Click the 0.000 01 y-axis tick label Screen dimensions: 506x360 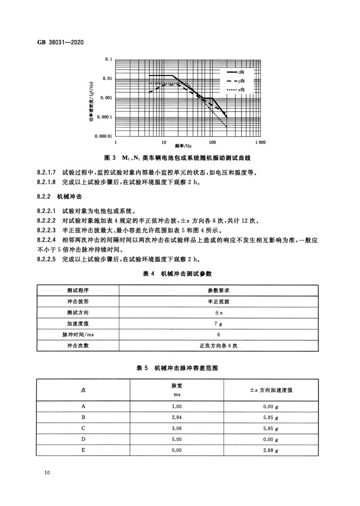102,136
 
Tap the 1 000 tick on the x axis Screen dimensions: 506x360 260,142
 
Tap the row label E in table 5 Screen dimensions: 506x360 83,450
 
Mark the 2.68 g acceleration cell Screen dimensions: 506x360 271,450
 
